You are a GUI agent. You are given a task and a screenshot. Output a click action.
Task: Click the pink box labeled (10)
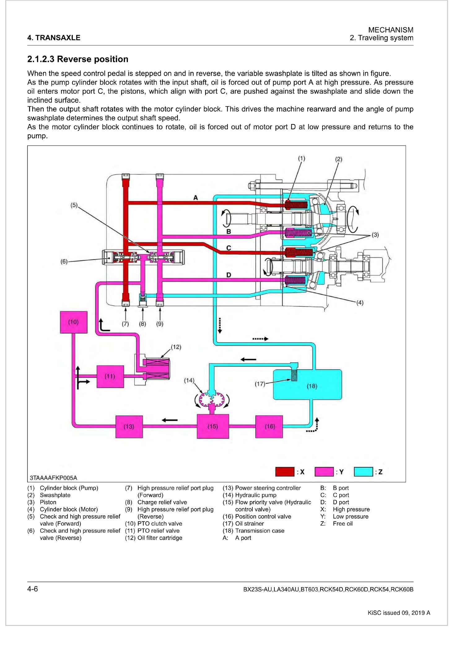point(73,322)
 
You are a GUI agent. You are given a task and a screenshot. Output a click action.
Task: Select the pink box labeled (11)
point(110,376)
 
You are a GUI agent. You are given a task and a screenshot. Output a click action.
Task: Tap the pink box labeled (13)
point(129,427)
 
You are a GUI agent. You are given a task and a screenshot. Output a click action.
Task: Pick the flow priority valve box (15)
point(213,426)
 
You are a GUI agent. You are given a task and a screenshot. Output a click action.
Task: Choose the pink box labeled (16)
point(269,427)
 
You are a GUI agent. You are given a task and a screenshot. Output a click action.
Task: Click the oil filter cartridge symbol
point(156,369)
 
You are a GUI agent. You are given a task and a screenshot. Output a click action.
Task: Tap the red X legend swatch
point(285,472)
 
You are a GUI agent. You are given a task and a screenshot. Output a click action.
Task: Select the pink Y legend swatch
point(324,472)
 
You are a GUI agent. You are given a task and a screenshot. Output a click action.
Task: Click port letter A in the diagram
point(195,197)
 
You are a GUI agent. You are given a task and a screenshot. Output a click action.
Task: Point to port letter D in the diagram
point(229,275)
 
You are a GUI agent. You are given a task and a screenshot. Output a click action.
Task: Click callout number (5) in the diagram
point(74,205)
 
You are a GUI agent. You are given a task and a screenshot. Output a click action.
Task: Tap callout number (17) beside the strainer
point(260,384)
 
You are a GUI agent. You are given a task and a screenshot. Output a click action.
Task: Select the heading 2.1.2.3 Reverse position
point(78,59)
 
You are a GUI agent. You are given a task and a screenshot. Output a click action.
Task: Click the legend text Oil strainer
point(249,524)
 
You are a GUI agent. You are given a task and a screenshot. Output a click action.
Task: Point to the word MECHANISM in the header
point(391,30)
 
